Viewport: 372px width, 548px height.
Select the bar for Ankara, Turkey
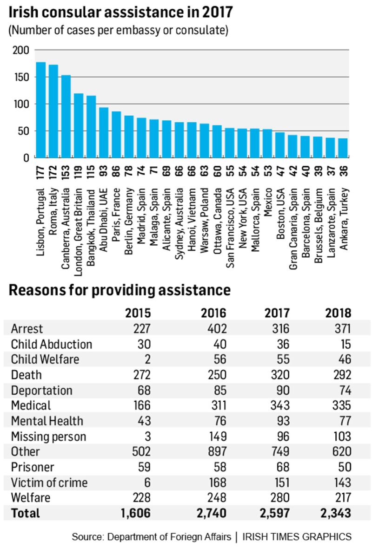343,148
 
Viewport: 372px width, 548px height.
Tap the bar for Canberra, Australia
66,117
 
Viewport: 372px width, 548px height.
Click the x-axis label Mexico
267,204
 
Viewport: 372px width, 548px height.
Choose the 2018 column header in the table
338,312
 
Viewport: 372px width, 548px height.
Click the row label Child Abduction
51,344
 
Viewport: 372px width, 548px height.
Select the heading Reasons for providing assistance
120,290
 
